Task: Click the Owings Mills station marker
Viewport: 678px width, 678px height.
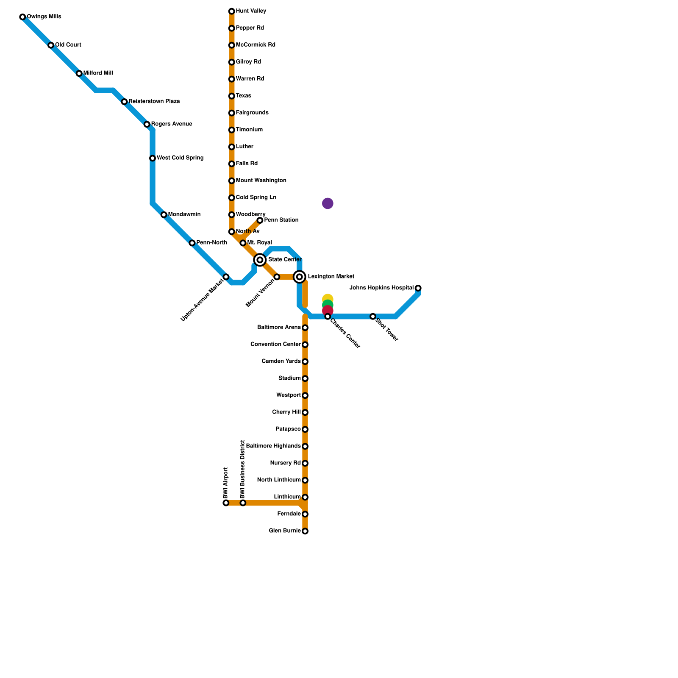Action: tap(22, 17)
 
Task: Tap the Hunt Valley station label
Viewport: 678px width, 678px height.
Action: tap(251, 11)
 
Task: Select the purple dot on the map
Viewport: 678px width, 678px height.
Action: tap(328, 203)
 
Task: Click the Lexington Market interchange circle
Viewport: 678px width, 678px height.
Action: tap(300, 277)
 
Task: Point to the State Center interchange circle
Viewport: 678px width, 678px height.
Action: tap(260, 260)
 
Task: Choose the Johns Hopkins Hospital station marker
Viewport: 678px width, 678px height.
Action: tap(418, 288)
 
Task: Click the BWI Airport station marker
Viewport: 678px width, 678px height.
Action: tap(226, 503)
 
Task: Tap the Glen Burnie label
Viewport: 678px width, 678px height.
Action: tap(285, 531)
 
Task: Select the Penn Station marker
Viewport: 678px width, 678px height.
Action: tap(260, 220)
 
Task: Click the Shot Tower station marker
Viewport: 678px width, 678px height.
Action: tap(373, 317)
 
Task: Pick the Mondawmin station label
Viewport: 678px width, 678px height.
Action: tap(184, 214)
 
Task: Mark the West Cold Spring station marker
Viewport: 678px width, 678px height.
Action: tap(153, 158)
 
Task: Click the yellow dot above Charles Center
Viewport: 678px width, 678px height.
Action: tap(328, 299)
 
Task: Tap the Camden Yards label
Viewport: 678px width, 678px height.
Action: tap(281, 361)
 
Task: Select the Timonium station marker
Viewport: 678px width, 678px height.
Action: tap(232, 130)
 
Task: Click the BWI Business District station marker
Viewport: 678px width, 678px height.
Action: tap(243, 503)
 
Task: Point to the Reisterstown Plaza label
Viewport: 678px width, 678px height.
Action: tap(154, 102)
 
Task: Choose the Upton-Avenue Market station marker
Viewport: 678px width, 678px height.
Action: tap(226, 277)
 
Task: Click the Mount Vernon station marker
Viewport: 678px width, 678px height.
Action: tap(277, 277)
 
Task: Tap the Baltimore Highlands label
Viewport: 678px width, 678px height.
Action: tap(273, 446)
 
